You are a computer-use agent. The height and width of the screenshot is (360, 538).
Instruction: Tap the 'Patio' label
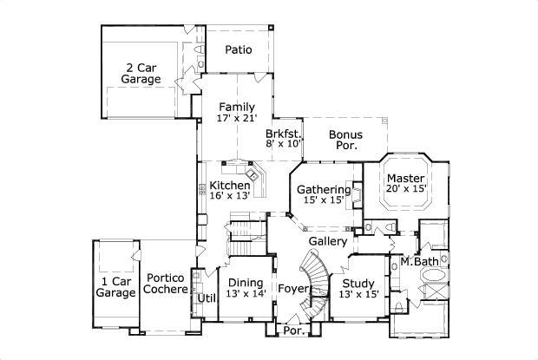tap(239, 49)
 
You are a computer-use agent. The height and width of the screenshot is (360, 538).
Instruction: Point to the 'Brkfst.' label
tap(283, 134)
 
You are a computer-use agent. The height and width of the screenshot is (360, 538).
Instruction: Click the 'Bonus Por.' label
tap(346, 140)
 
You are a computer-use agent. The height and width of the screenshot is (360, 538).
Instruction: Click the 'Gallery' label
tap(328, 240)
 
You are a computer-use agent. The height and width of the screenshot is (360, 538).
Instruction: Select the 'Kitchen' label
tap(230, 185)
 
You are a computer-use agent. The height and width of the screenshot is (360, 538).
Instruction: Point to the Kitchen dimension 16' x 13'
tap(230, 196)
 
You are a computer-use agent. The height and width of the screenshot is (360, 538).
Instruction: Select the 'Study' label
tap(358, 282)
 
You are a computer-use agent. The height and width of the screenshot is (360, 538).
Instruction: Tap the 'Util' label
tap(206, 298)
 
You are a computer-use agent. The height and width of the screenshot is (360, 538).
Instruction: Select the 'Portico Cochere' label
tap(167, 284)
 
